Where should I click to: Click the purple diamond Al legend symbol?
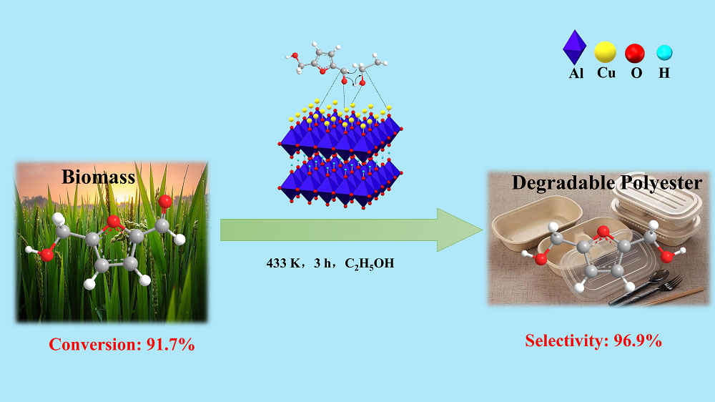click(575, 47)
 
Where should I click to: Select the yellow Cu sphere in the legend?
click(605, 52)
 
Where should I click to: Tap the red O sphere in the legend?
click(635, 53)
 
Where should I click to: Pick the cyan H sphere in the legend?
click(664, 52)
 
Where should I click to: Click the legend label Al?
click(576, 74)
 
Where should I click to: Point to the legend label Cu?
click(606, 73)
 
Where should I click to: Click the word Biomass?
click(99, 177)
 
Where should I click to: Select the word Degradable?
click(563, 183)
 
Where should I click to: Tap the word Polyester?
click(660, 183)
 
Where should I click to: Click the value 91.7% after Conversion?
click(171, 345)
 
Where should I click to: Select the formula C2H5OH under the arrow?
click(370, 264)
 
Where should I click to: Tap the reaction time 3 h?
click(322, 263)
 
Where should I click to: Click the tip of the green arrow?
click(483, 230)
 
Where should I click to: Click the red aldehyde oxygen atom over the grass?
click(164, 201)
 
